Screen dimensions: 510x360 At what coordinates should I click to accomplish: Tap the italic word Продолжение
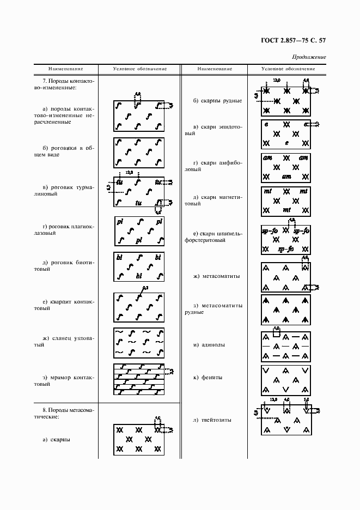[x=309, y=57]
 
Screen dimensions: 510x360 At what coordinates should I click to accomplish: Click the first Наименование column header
[x=66, y=69]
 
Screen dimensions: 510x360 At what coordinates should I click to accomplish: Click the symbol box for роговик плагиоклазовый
[x=139, y=231]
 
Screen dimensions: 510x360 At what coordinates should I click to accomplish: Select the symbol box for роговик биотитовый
[x=139, y=267]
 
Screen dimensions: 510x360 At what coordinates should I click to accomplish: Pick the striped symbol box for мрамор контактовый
[x=139, y=379]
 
